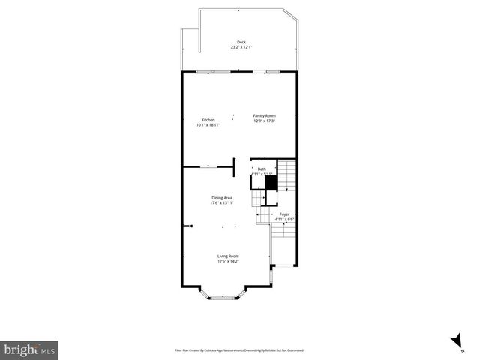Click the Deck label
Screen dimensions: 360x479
[241, 42]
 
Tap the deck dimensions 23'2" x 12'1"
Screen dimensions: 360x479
[241, 47]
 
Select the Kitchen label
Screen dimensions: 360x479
[208, 120]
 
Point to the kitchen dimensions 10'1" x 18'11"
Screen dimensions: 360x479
[208, 125]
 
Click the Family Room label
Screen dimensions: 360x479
[264, 115]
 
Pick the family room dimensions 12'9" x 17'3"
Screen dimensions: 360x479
[264, 121]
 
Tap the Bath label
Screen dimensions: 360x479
[262, 169]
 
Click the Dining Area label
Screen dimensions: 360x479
[221, 198]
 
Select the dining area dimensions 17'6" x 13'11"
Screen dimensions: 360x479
[221, 203]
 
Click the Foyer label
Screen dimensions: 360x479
[284, 214]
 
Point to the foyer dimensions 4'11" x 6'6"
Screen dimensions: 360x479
[284, 220]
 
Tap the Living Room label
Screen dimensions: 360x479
[227, 256]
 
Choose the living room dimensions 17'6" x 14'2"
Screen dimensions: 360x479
[227, 261]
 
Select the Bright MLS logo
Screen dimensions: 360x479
[29, 349]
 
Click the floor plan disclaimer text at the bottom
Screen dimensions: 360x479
[239, 349]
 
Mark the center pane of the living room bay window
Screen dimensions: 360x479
[221, 298]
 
